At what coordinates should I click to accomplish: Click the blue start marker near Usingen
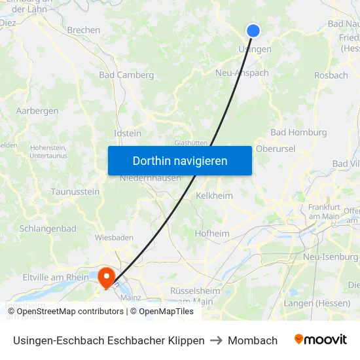pyautogui.click(x=253, y=30)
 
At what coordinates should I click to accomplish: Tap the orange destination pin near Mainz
pyautogui.click(x=105, y=278)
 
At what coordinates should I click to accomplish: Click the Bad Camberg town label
pyautogui.click(x=126, y=75)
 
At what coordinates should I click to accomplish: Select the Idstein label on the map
pyautogui.click(x=127, y=133)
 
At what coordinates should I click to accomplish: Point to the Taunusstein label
pyautogui.click(x=75, y=192)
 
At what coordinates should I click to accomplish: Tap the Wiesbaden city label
pyautogui.click(x=114, y=237)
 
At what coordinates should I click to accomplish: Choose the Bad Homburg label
pyautogui.click(x=298, y=132)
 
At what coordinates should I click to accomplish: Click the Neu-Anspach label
pyautogui.click(x=242, y=73)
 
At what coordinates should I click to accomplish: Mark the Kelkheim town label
pyautogui.click(x=214, y=195)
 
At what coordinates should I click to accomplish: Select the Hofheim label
pyautogui.click(x=212, y=233)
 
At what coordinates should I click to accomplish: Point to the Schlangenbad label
pyautogui.click(x=48, y=228)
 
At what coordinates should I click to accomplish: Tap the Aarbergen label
pyautogui.click(x=37, y=111)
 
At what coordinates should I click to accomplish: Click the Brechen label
pyautogui.click(x=84, y=30)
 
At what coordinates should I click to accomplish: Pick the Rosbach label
pyautogui.click(x=331, y=75)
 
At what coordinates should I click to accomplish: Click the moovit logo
pyautogui.click(x=321, y=339)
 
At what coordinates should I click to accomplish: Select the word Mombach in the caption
pyautogui.click(x=253, y=340)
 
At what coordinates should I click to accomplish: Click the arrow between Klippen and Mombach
pyautogui.click(x=216, y=340)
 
